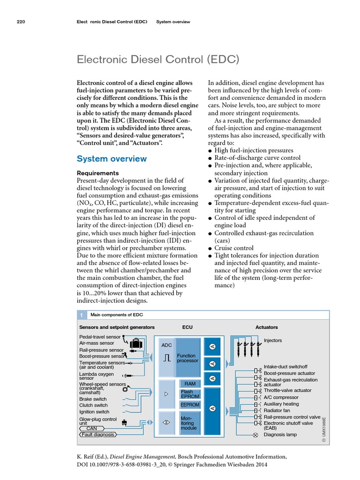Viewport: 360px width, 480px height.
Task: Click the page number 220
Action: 20,22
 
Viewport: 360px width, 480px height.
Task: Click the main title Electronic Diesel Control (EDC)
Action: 158,60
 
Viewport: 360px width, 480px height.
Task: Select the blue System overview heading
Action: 112,158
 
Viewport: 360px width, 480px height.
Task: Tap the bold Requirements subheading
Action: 97,173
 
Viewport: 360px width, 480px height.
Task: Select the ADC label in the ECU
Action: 166,345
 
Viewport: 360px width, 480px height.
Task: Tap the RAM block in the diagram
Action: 189,383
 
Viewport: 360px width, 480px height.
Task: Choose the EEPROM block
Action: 189,405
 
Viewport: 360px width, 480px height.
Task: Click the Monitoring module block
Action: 189,422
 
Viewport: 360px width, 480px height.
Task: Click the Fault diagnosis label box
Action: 98,435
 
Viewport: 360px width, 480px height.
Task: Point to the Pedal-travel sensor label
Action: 100,337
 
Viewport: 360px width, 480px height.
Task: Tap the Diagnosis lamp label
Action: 280,435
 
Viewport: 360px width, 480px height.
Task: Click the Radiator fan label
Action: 277,410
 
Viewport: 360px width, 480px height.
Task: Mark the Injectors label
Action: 273,340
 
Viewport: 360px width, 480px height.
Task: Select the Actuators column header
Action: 266,327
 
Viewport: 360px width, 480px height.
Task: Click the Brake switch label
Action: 93,399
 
